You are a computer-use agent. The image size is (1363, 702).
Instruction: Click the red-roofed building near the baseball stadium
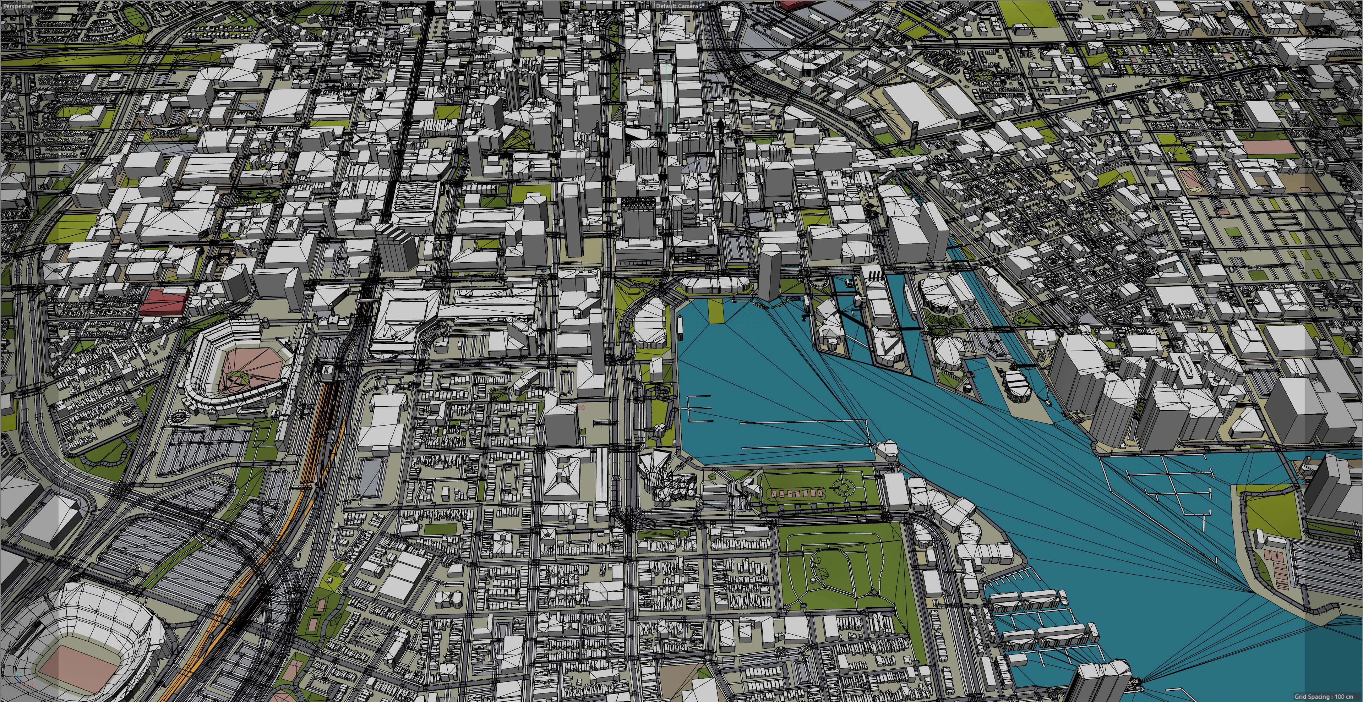click(x=164, y=302)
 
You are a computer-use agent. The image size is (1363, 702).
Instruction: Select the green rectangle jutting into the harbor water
click(x=715, y=310)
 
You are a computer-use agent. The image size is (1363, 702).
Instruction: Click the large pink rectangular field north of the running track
click(x=1269, y=147)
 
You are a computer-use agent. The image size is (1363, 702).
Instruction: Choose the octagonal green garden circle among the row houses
click(x=981, y=75)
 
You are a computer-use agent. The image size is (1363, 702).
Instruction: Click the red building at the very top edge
click(x=797, y=5)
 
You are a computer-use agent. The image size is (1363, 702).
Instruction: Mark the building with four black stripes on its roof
click(x=874, y=276)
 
